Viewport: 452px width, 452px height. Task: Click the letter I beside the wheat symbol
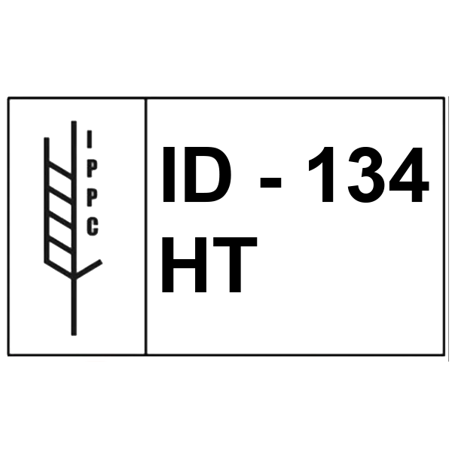coord(90,139)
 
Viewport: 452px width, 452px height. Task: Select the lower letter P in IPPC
coord(91,197)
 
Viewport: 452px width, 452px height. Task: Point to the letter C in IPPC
coord(91,227)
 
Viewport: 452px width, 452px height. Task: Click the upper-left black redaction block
coord(213,175)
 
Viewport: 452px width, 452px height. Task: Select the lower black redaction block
coord(209,264)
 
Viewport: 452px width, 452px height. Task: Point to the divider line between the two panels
coord(145,226)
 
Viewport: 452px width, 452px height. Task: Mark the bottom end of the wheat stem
coord(74,334)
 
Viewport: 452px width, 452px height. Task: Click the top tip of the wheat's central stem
coord(74,122)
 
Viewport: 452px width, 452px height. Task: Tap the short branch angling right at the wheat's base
coord(88,270)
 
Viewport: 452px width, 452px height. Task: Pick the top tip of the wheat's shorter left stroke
coord(47,139)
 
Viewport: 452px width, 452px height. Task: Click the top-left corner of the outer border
coord(8,98)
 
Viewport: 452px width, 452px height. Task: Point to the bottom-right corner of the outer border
coord(444,353)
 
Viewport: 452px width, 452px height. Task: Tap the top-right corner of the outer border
coord(444,98)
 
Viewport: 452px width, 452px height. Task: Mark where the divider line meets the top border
coord(145,98)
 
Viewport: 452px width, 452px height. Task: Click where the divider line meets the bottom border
coord(145,353)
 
